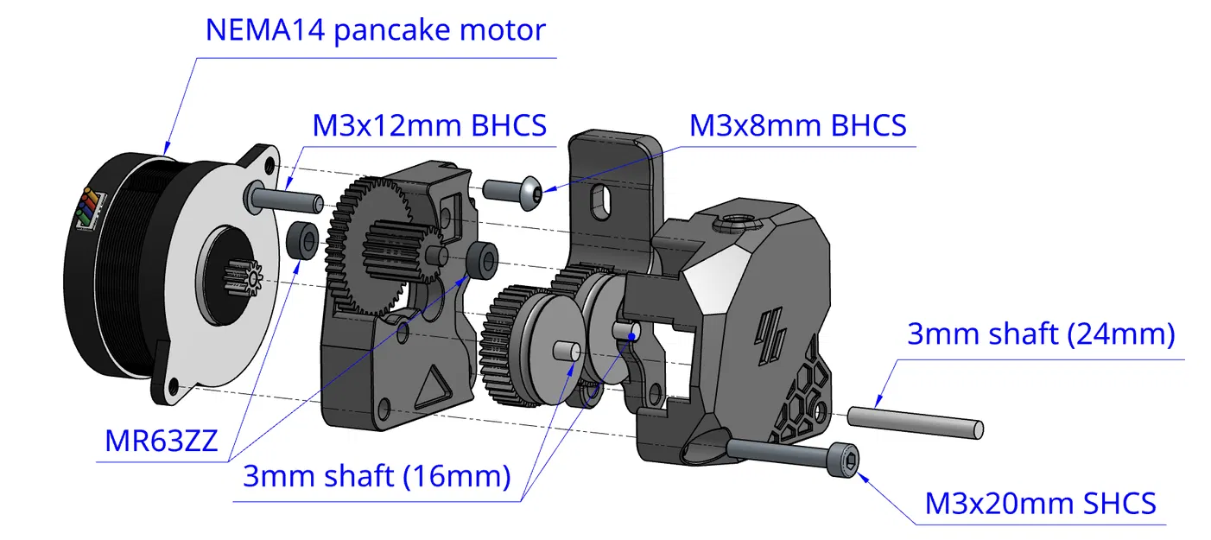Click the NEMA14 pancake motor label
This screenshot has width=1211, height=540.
click(x=375, y=31)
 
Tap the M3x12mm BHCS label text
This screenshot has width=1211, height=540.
click(x=429, y=126)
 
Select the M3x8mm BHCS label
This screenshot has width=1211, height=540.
click(x=797, y=126)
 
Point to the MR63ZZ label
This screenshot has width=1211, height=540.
click(x=162, y=441)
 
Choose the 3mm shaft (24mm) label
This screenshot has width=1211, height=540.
click(x=1041, y=334)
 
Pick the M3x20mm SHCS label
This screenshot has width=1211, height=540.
click(x=1040, y=503)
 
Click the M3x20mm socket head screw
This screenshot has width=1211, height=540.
click(x=795, y=453)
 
